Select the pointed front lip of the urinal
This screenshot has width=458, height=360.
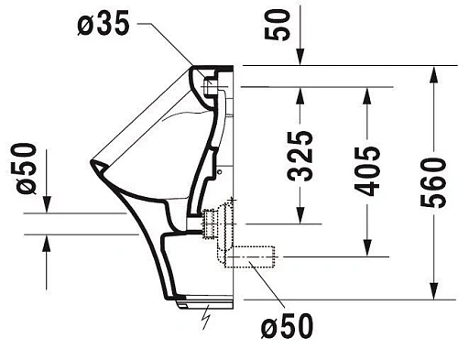pos(93,166)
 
